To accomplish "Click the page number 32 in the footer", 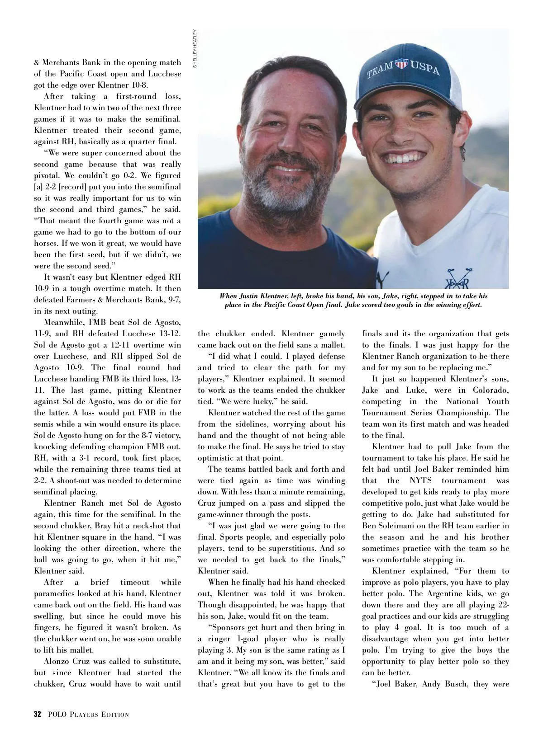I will (38, 715).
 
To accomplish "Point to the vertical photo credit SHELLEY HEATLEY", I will (195, 49).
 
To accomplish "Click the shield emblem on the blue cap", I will (401, 64).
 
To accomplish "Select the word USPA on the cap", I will (425, 67).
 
